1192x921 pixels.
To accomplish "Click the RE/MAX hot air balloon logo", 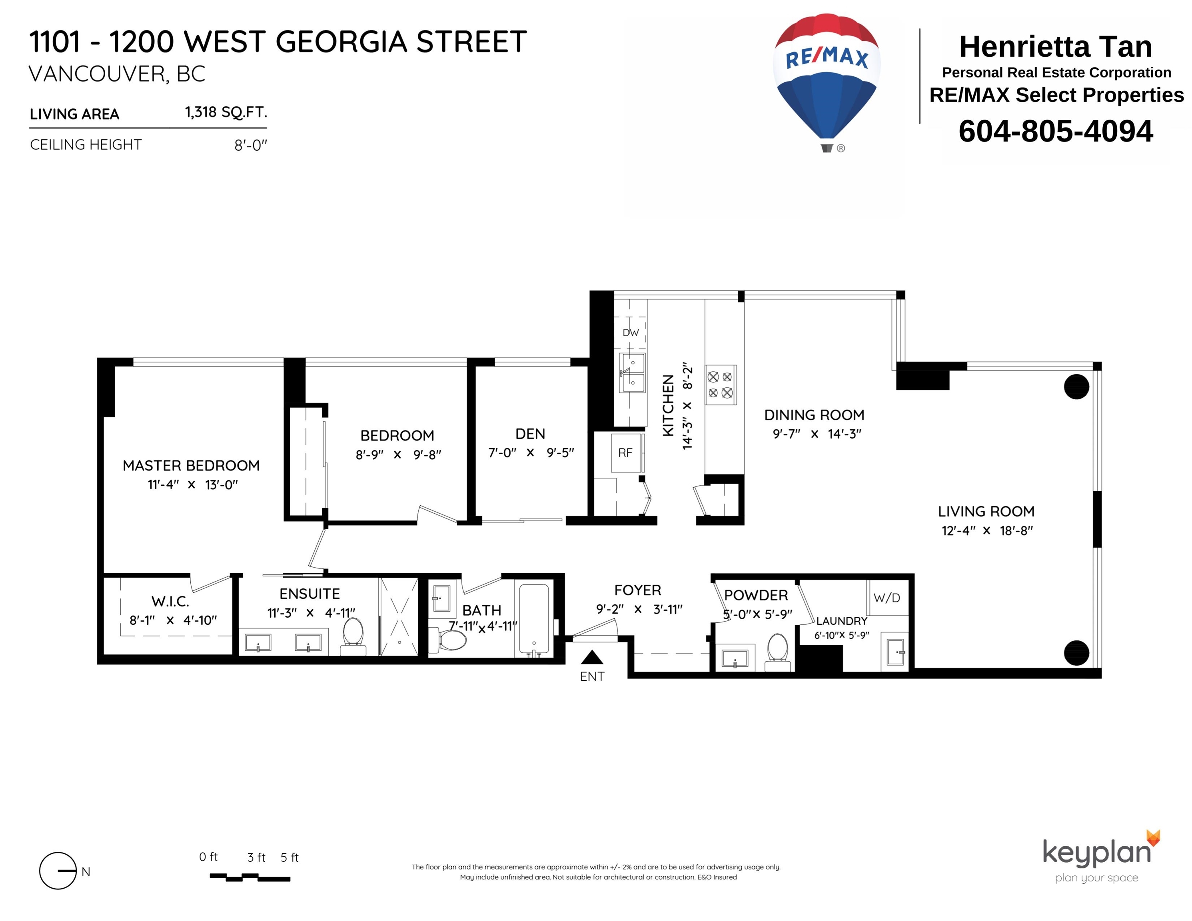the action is tap(827, 82).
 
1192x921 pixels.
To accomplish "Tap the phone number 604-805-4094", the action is tap(1056, 131).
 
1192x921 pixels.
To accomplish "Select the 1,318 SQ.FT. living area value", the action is tap(226, 112).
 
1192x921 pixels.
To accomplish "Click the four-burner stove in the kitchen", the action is tap(721, 385).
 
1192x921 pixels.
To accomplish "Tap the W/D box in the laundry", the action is tap(887, 598).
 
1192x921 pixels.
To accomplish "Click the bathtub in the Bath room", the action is tap(534, 621).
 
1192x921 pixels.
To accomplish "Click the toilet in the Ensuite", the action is tap(353, 637).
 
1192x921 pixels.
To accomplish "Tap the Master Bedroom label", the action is tap(191, 465).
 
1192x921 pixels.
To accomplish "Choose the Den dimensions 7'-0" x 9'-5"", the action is tap(531, 453).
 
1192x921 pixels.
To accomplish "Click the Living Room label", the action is tap(986, 511).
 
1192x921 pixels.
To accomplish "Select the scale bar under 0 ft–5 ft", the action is tap(250, 877).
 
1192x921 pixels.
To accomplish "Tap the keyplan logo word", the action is tap(1096, 852).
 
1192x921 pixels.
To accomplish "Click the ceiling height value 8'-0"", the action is tap(251, 145).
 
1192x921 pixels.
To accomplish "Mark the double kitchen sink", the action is tap(633, 373).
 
